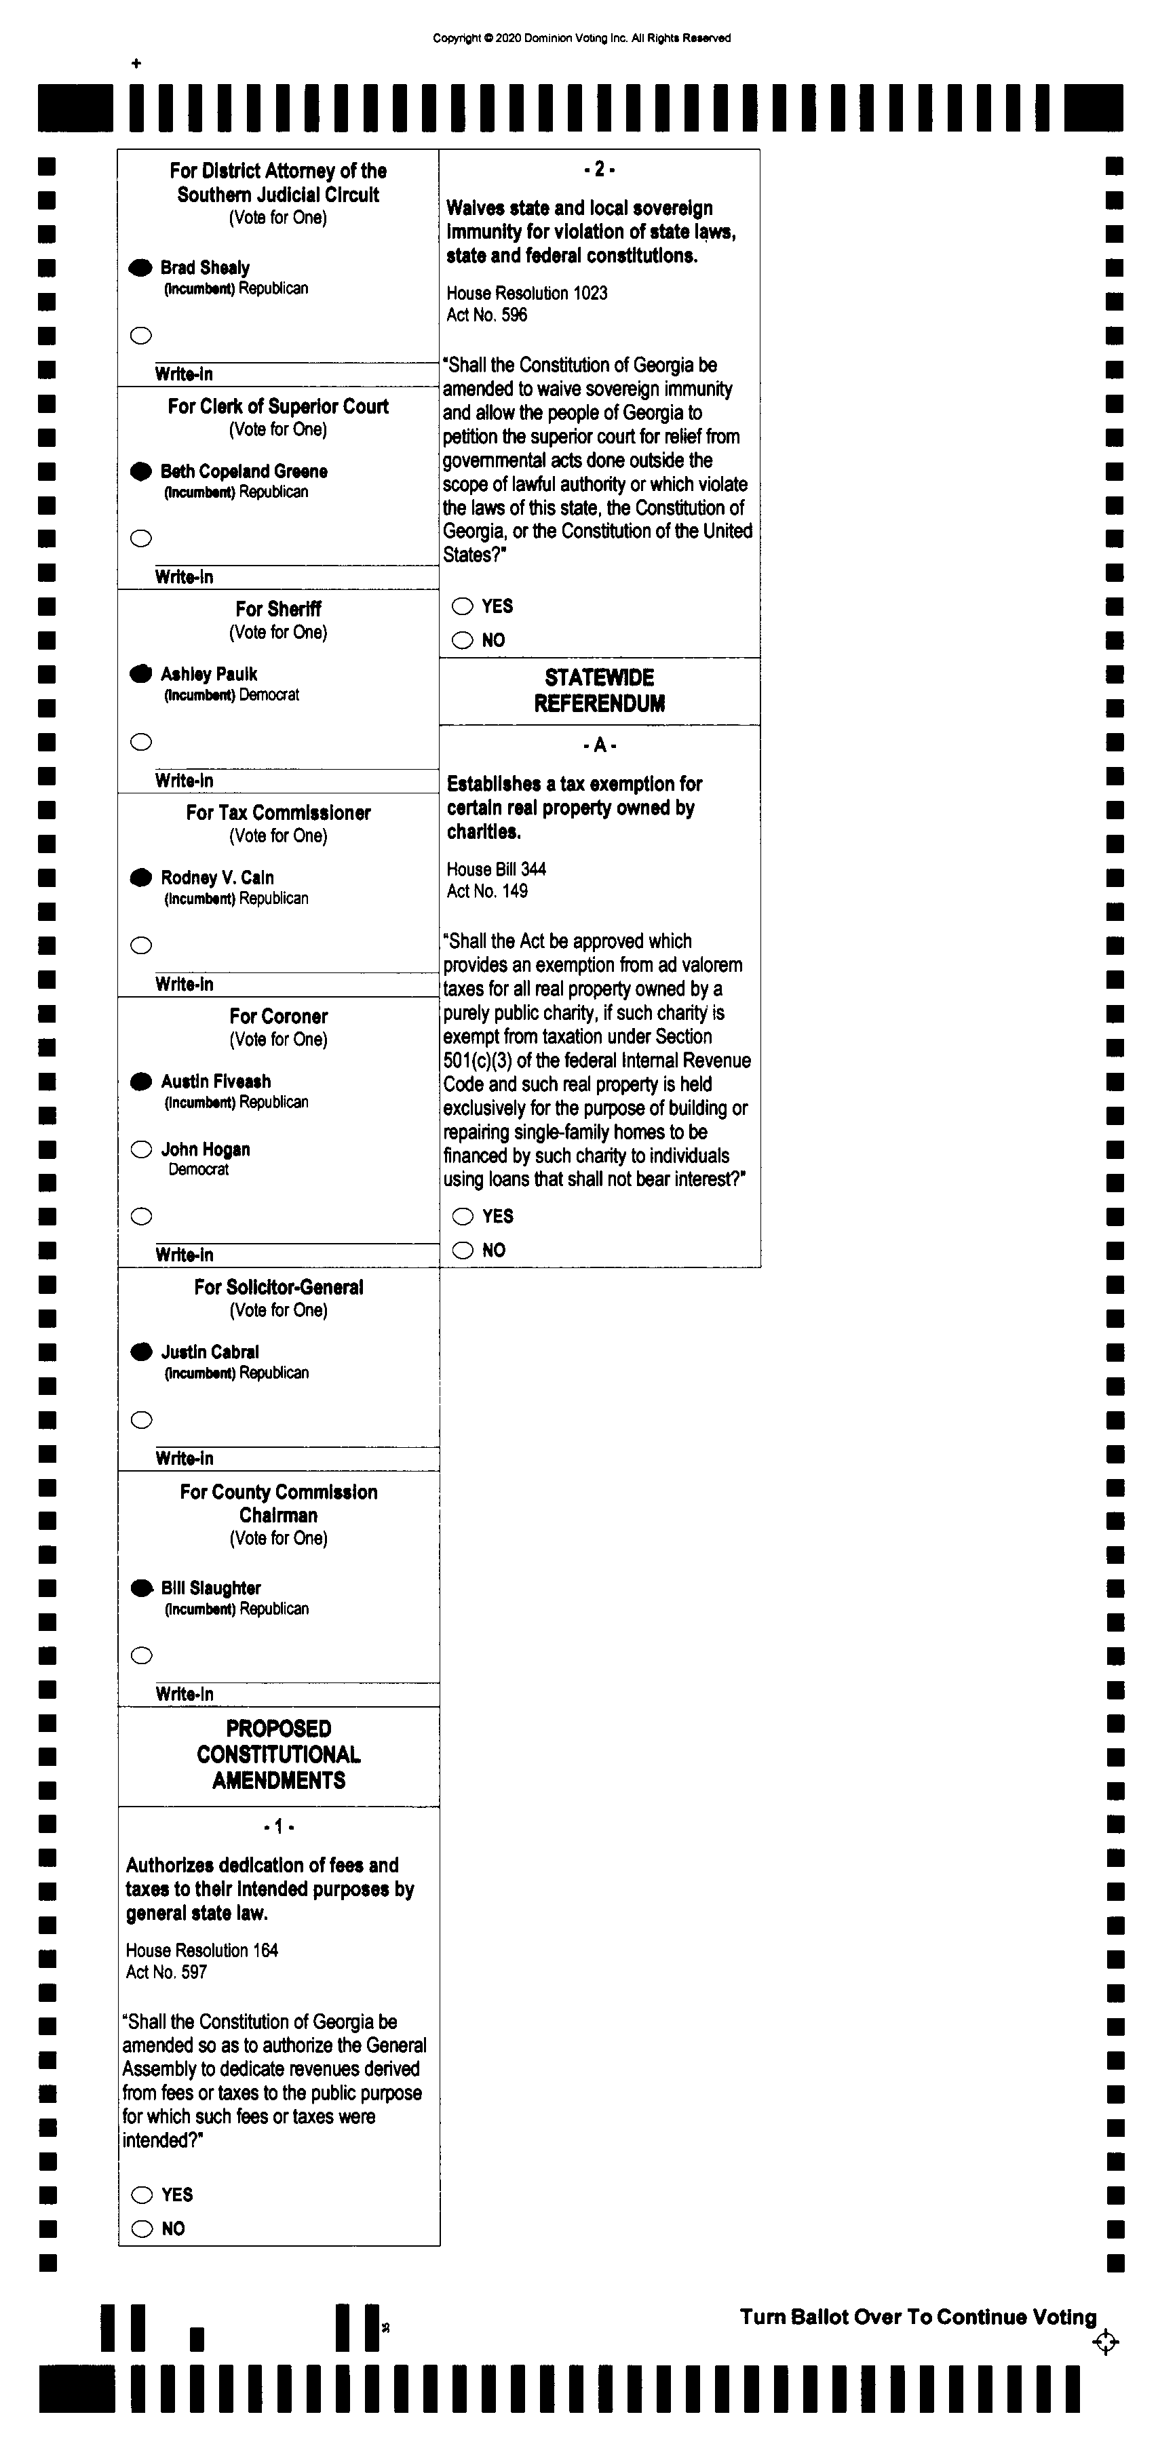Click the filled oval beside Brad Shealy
pos(140,269)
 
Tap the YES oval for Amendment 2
pos(463,607)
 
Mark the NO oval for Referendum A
pos(463,1250)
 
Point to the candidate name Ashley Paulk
pos(209,674)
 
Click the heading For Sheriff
pos(278,608)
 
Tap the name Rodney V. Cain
pos(217,878)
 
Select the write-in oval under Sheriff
pos(141,743)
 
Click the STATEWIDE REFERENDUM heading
pos(600,690)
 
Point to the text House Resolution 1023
pos(526,293)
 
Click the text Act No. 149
pos(486,891)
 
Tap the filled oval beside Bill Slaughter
pos(141,1588)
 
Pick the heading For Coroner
pos(278,1017)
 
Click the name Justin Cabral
pos(210,1352)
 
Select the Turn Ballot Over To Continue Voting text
pos(917,2317)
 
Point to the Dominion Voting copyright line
pos(581,38)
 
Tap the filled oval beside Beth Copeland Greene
pos(140,471)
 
